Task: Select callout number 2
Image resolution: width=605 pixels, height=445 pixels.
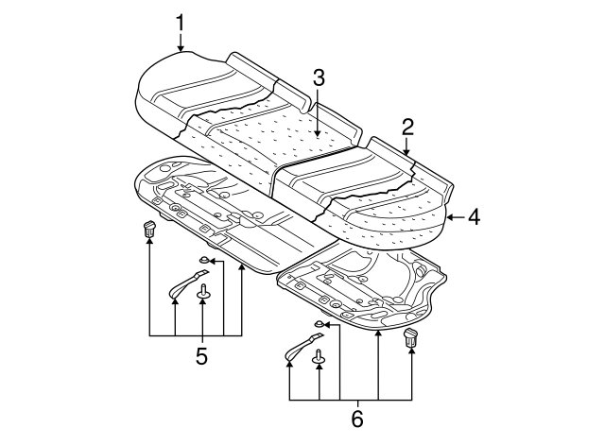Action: coord(407,127)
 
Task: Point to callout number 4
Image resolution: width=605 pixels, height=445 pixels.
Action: coord(474,217)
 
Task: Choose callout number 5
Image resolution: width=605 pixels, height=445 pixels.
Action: coord(200,356)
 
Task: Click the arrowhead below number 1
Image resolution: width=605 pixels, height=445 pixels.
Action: coord(180,47)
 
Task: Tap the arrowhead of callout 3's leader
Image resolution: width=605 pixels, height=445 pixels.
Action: coord(319,137)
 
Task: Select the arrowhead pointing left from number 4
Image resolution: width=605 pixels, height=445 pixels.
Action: coord(449,217)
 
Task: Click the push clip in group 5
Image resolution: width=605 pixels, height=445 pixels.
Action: coord(149,228)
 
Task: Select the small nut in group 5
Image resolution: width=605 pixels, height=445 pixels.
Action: coord(204,260)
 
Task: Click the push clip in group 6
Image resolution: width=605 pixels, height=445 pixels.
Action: coord(411,337)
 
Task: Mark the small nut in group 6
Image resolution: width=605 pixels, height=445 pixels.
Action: coord(320,325)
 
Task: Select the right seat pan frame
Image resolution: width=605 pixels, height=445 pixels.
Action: coord(364,288)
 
